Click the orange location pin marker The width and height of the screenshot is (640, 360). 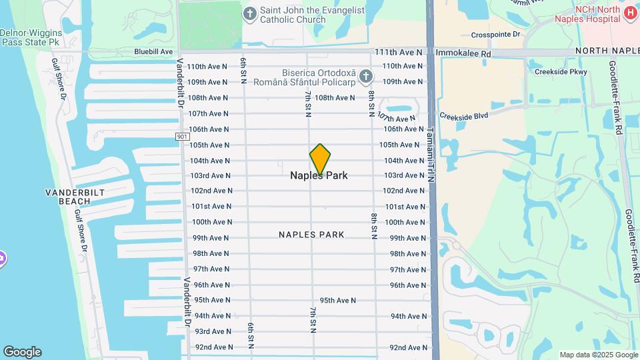(320, 159)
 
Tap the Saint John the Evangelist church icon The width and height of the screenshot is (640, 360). (250, 13)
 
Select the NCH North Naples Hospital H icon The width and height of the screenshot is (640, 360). (630, 13)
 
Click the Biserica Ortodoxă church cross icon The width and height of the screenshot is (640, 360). (365, 77)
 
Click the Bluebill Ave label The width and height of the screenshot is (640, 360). (153, 51)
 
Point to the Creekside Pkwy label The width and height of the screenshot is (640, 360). (556, 71)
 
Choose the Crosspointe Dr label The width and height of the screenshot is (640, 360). (495, 34)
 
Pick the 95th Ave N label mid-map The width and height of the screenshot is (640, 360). (338, 300)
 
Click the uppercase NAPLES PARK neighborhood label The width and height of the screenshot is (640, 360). (311, 235)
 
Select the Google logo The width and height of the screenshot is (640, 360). (22, 352)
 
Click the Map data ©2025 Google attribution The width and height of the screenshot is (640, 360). (598, 355)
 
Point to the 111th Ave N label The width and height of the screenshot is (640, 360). (399, 51)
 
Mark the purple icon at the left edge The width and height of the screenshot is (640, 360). (2, 258)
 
